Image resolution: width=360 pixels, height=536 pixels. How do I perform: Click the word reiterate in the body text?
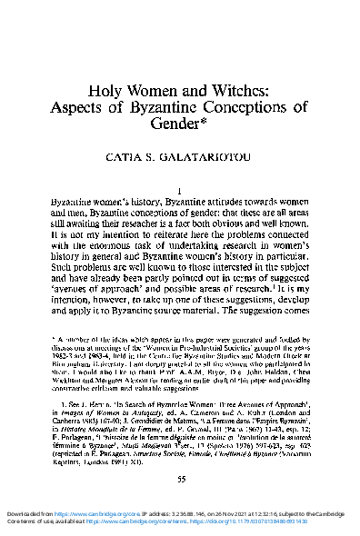[145, 232]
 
